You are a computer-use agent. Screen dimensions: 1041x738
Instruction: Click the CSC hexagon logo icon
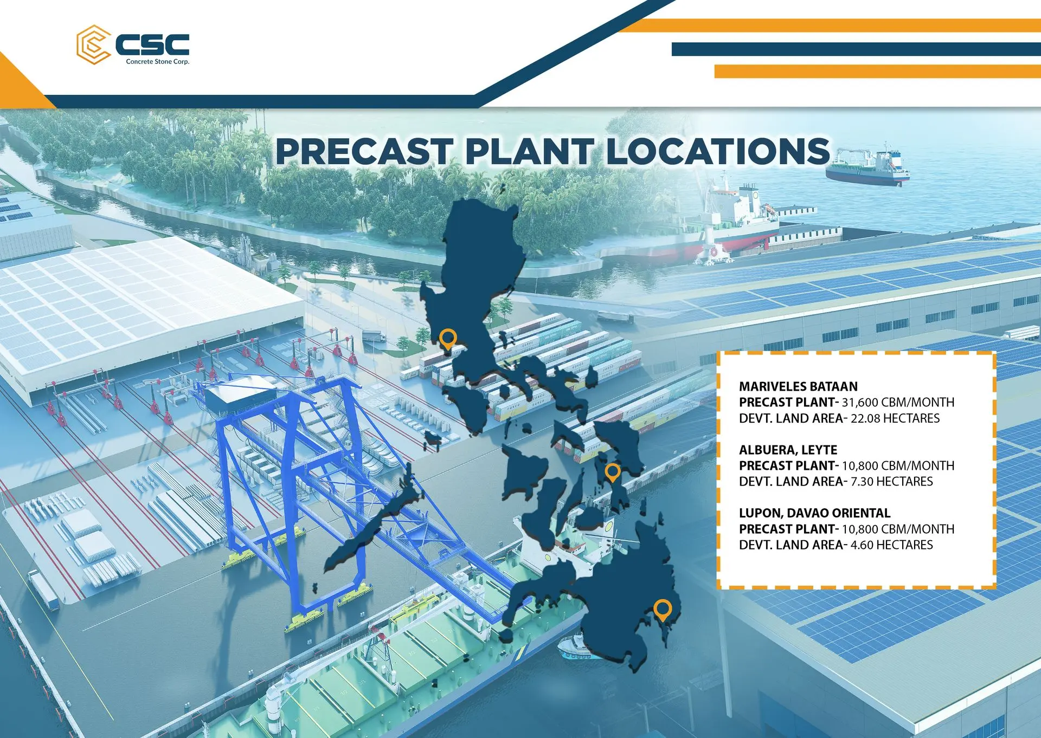(93, 44)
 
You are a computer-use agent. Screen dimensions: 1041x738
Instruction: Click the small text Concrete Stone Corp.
(158, 62)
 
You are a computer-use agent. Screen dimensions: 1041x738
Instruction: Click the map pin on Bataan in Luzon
(447, 339)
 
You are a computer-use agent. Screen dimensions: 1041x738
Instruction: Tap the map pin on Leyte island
(613, 472)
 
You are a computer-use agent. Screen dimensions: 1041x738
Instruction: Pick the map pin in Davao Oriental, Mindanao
(662, 610)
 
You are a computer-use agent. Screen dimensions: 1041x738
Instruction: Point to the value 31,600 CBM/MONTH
(898, 402)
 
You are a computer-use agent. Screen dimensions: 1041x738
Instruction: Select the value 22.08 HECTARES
(895, 418)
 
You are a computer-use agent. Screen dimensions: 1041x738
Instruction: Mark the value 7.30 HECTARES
(892, 482)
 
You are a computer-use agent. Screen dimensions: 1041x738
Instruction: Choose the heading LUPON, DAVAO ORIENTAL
(814, 513)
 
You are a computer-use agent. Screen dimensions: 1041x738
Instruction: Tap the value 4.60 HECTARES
(892, 545)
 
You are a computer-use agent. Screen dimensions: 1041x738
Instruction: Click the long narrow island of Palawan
(374, 520)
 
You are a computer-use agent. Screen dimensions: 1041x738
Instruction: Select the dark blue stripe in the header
(856, 49)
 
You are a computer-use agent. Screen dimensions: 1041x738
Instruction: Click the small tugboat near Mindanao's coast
(575, 648)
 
